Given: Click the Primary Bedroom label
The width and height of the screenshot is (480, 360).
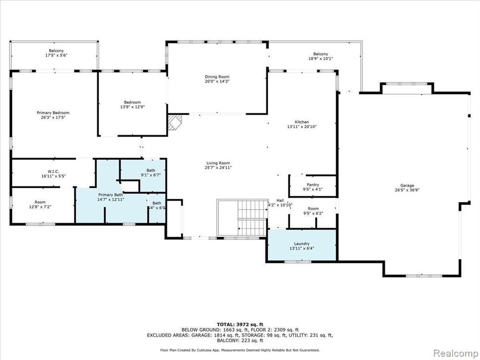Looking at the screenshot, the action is (53, 112).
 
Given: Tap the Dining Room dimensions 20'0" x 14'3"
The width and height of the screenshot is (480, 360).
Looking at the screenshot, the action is (217, 82).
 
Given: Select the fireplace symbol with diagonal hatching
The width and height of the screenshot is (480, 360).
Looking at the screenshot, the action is (175, 122).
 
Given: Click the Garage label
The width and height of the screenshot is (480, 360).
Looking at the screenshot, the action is (407, 185).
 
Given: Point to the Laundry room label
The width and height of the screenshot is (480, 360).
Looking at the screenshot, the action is (302, 244).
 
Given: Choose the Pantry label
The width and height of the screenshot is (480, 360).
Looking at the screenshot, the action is (313, 185).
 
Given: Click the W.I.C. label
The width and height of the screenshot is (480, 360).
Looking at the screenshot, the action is (53, 172).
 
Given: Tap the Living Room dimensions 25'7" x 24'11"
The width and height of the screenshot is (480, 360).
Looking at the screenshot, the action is (218, 168).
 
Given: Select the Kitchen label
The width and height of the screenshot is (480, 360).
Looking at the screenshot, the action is (302, 122).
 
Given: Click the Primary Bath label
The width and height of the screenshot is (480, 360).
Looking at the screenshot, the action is (110, 195).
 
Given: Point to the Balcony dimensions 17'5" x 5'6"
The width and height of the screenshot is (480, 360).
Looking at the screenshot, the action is (56, 55).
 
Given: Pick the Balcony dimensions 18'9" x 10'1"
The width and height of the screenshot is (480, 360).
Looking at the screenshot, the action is (321, 59).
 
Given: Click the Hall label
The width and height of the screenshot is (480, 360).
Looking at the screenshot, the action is (280, 201).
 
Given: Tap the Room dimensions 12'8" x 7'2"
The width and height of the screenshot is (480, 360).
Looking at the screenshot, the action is (40, 207).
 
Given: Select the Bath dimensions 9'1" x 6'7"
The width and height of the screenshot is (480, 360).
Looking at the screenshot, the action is (150, 175).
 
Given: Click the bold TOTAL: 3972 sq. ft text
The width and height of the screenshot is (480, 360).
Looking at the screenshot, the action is (240, 324).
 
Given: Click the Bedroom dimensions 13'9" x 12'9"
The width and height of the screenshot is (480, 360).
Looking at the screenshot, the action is (132, 107).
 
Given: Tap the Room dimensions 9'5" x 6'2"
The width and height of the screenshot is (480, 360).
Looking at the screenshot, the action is (313, 213).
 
